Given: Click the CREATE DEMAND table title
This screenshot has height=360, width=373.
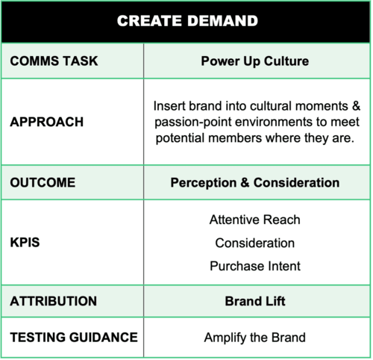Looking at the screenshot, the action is coord(187,21).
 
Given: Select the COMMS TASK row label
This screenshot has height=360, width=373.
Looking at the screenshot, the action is coord(54,61).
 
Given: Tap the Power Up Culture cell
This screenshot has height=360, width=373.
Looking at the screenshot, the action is coord(255,61).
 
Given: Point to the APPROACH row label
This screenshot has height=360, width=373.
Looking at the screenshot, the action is coord(47,122).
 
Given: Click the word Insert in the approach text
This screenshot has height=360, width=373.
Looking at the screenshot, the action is coord(169,106).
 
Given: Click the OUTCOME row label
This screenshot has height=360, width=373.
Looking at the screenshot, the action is coord(43,182).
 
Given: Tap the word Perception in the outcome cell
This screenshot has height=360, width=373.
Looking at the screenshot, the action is coord(204,183).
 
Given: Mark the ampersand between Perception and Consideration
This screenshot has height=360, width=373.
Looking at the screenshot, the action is coord(245,183).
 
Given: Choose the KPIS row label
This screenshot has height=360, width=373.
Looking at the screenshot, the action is coord(25,242).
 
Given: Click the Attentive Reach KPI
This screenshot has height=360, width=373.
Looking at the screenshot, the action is coord(255,220).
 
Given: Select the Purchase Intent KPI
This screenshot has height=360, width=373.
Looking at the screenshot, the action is coord(255,266).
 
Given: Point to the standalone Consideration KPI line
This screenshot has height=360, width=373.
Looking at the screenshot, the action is coord(255,243).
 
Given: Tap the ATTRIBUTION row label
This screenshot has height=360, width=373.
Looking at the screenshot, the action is coord(54,301).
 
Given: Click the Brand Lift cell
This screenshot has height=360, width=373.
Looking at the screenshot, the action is coord(255,301).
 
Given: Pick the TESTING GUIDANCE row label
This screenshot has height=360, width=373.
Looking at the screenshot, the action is coord(74,338).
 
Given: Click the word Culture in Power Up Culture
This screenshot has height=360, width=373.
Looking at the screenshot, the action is coord(286,61).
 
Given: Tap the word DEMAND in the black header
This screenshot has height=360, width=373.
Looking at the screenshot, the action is coord(223,21).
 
